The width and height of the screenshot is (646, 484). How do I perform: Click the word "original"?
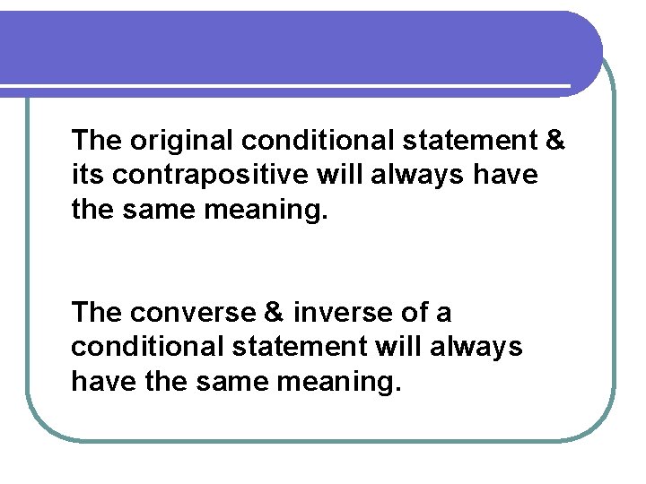181,142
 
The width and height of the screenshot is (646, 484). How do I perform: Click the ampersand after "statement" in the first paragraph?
554,142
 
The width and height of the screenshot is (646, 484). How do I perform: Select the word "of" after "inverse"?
413,314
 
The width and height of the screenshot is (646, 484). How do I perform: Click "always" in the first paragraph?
418,175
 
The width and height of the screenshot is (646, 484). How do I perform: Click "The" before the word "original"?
97,142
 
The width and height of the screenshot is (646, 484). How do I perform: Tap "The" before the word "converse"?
97,314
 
